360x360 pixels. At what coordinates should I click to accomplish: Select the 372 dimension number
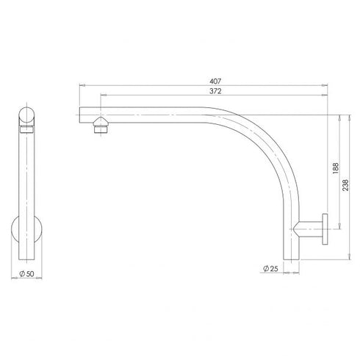click(215, 91)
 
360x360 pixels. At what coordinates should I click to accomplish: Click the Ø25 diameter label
click(270, 270)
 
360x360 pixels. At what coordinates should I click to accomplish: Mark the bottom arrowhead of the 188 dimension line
click(337, 228)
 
